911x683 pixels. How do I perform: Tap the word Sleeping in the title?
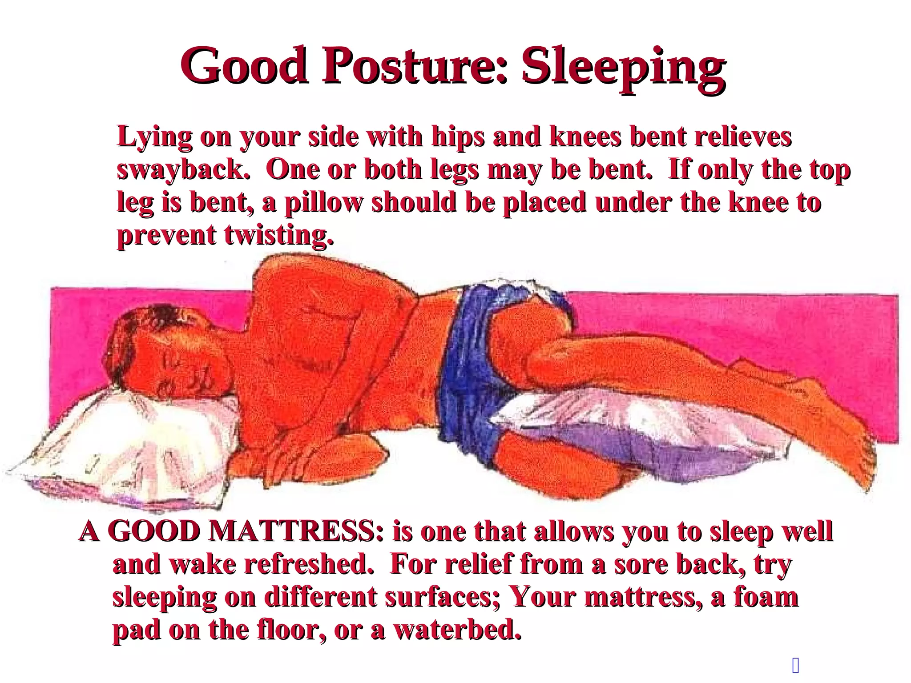tap(623, 67)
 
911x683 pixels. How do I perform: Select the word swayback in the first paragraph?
tap(182, 170)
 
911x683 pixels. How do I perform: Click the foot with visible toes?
tap(845, 454)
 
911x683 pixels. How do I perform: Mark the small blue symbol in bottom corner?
tap(796, 666)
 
